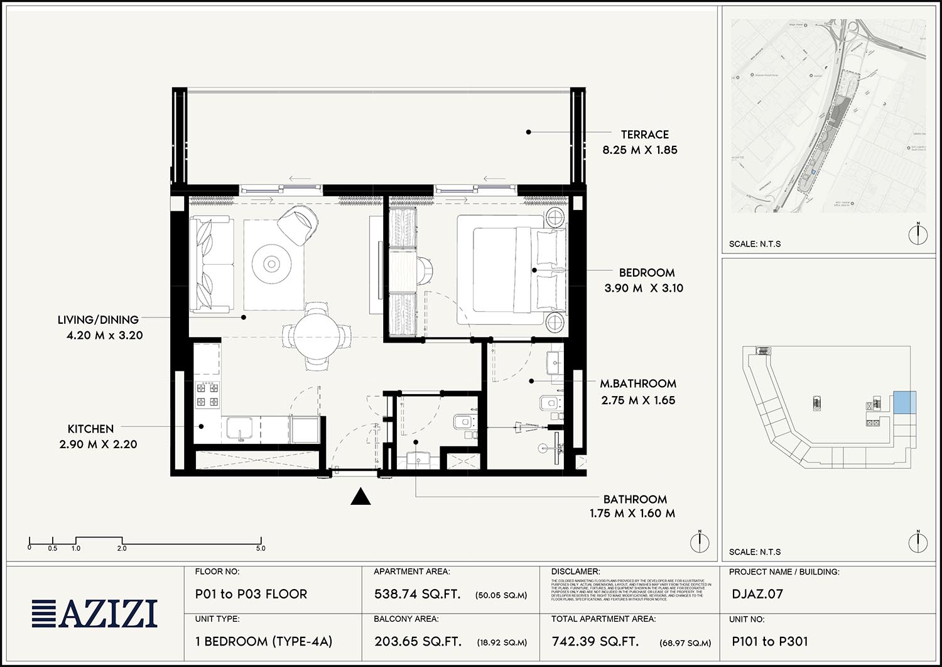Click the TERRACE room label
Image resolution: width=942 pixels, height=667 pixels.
(x=644, y=135)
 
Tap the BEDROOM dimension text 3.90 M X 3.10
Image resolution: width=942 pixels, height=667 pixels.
(x=644, y=289)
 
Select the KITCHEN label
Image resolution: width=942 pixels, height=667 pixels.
(x=90, y=429)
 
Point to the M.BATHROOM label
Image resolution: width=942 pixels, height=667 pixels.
(x=638, y=383)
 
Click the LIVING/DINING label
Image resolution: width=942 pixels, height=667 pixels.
(x=98, y=320)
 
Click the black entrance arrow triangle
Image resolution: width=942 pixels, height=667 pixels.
(x=360, y=497)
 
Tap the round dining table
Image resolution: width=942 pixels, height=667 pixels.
(x=317, y=335)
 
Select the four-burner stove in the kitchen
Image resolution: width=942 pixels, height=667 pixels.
(x=207, y=395)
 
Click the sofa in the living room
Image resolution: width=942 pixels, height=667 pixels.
(x=212, y=264)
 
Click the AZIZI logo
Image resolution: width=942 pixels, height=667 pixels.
(x=95, y=614)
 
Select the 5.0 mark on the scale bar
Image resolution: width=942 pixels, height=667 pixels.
(x=261, y=548)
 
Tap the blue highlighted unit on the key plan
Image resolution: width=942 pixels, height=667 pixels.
(x=904, y=402)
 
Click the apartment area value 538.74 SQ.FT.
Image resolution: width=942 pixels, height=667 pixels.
(x=417, y=594)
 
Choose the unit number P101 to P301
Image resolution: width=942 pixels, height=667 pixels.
(x=769, y=641)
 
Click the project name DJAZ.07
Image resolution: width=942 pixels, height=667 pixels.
(x=757, y=594)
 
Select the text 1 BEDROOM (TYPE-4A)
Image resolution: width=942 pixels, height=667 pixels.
(x=264, y=641)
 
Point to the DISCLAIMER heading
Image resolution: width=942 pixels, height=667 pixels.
(x=575, y=571)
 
